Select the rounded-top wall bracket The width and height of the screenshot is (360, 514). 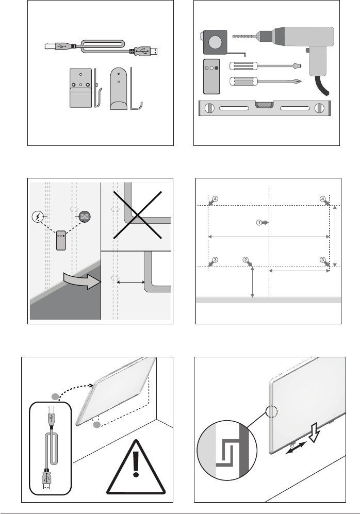(119, 89)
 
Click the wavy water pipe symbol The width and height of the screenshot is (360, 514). (86, 216)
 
